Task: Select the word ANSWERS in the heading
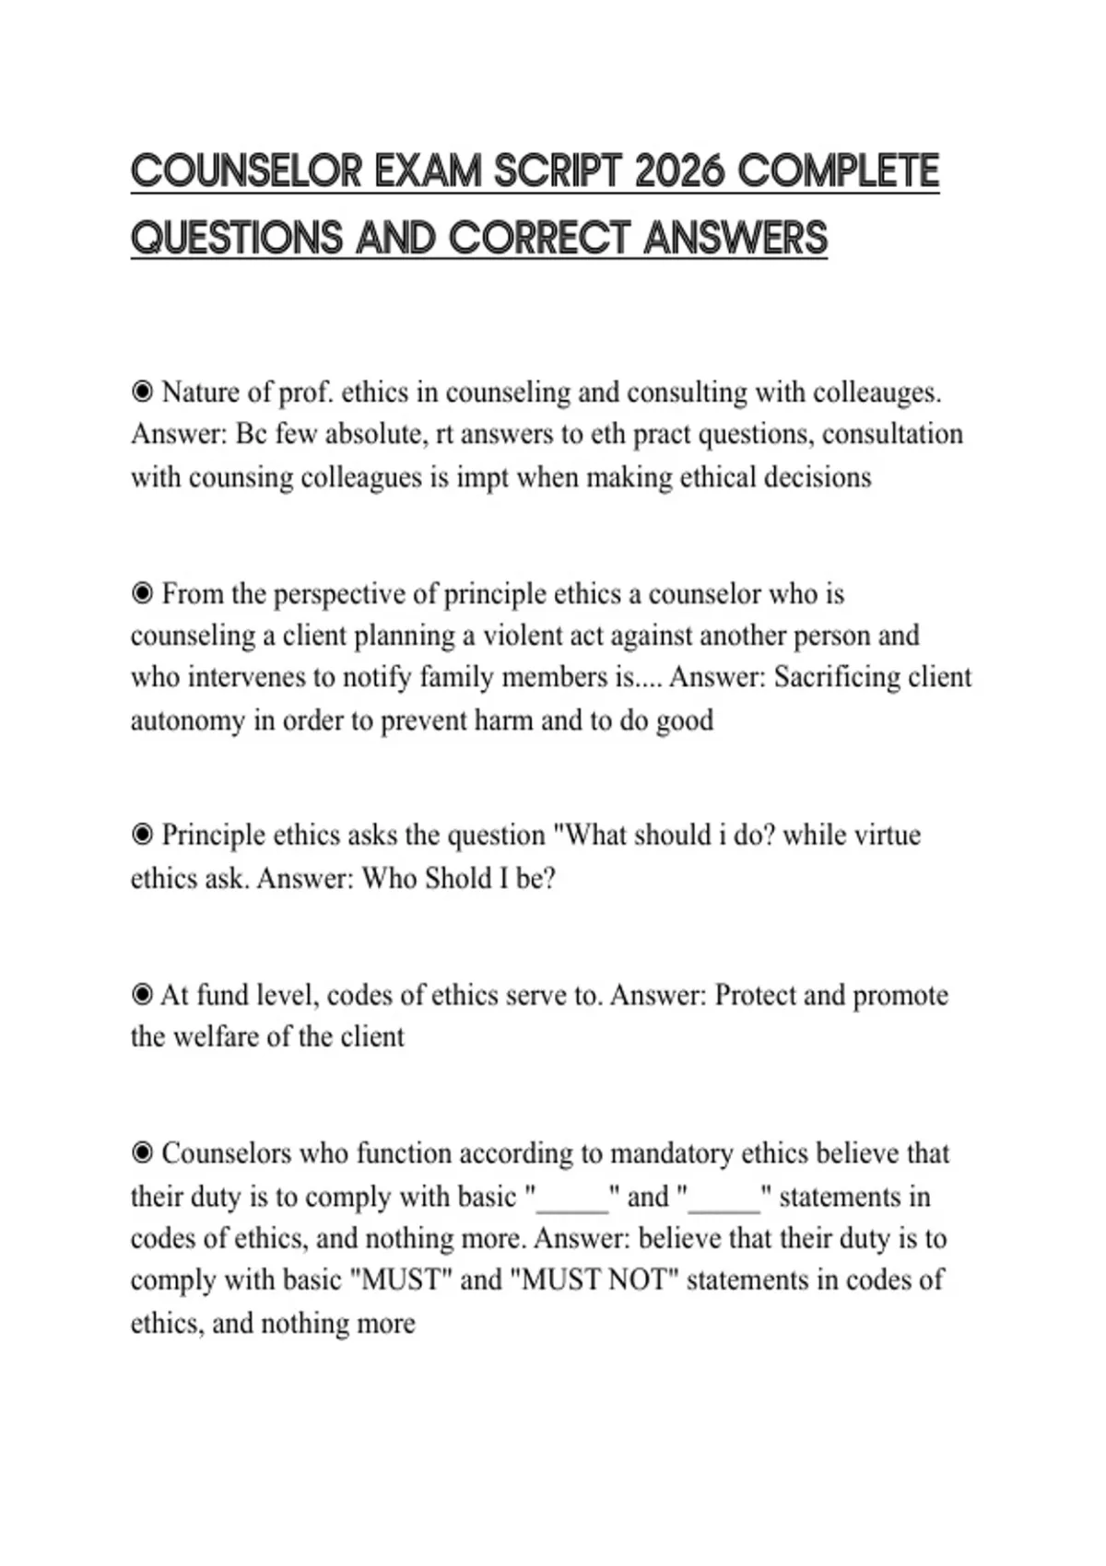735,239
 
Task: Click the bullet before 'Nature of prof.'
142,393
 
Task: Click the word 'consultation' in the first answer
892,434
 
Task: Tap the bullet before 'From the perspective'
142,594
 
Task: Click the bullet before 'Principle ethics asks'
142,836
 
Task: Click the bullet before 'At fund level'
142,996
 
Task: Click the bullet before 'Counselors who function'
142,1154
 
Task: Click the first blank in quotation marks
572,1198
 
